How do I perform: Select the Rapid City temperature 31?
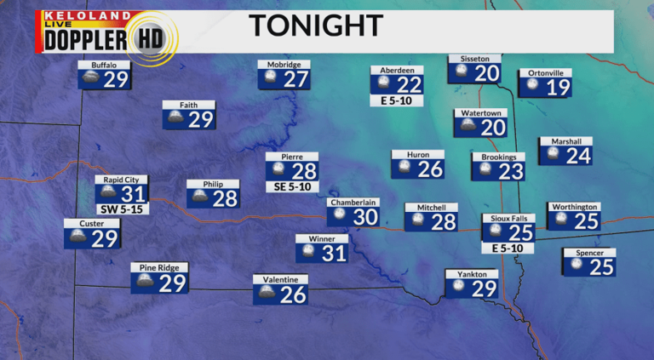point(135,194)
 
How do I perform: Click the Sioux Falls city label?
point(508,218)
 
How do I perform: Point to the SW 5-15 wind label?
point(123,209)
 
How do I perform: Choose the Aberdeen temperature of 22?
point(408,84)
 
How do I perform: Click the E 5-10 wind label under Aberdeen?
point(397,100)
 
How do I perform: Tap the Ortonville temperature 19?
point(557,87)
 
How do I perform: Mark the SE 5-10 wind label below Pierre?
point(292,186)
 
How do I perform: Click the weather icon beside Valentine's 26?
point(266,294)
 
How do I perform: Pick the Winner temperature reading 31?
point(334,253)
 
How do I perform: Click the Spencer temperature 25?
point(601,266)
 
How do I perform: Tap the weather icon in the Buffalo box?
point(89,79)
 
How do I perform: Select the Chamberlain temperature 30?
point(364,217)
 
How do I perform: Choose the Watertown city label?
point(479,112)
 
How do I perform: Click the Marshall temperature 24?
point(577,156)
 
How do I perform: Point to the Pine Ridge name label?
point(159,267)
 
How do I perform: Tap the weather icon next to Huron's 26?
point(404,168)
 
